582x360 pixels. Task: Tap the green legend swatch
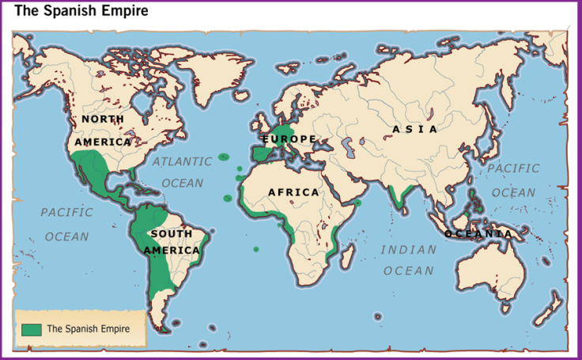[32, 328]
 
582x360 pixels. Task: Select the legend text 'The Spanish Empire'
[88, 328]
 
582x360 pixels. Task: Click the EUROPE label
[289, 139]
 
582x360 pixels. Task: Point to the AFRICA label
[293, 192]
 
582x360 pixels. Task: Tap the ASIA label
[414, 129]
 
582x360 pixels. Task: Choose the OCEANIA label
[478, 234]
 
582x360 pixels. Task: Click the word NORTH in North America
[103, 119]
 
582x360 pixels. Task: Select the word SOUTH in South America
[172, 234]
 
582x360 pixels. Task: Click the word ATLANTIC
[183, 161]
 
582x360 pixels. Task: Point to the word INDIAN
[409, 250]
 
